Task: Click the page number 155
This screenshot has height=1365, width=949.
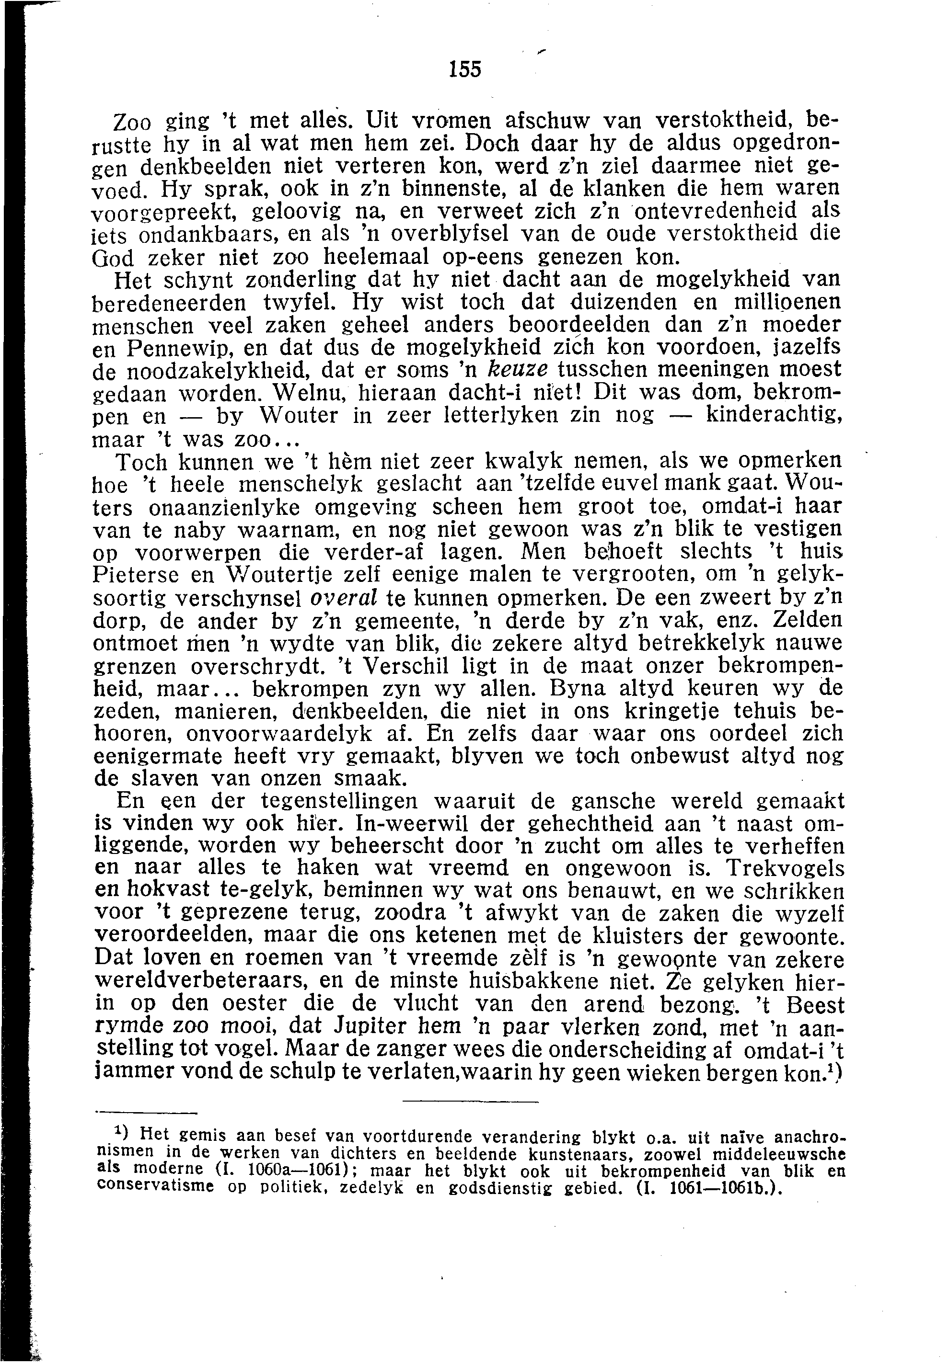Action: point(465,70)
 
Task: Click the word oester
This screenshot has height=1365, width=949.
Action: point(260,1004)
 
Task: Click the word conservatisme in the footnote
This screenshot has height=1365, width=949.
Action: point(155,1186)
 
